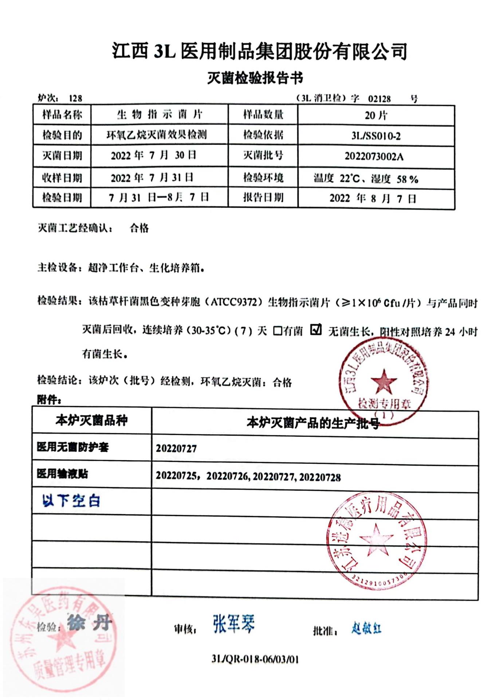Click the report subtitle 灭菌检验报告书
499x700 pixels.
[255, 78]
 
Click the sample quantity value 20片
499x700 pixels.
[376, 116]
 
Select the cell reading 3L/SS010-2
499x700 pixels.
[376, 136]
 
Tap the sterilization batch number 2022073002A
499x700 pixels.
[374, 157]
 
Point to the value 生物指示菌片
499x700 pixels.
[159, 115]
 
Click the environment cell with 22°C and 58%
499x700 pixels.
[366, 179]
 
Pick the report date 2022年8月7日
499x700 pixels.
[373, 198]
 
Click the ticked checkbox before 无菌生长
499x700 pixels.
[316, 330]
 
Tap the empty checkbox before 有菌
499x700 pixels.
[278, 331]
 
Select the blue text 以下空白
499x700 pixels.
[71, 501]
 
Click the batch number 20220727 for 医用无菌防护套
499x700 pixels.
[176, 448]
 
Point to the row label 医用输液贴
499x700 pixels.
[62, 474]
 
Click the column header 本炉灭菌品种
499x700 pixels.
[91, 420]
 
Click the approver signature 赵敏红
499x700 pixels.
[366, 628]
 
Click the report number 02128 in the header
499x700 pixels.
[379, 99]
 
